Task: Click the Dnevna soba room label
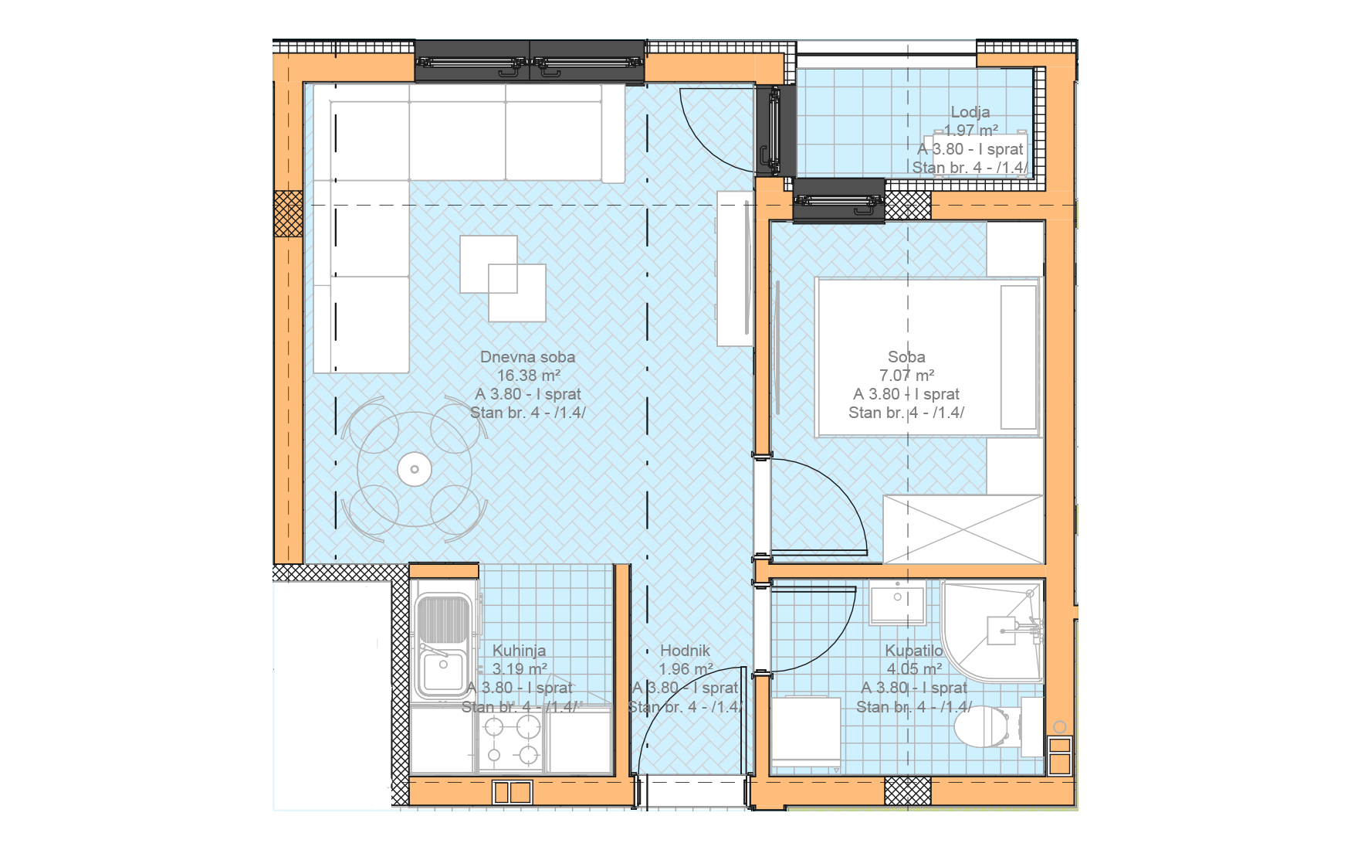coord(527,357)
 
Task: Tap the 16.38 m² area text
coord(528,376)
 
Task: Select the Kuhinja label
coord(519,651)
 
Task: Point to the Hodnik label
coord(685,651)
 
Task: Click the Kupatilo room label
coord(914,651)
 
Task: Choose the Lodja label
coord(970,112)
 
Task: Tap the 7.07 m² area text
coord(906,376)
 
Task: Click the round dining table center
coord(415,469)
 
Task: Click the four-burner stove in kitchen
coord(510,740)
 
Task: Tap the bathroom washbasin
coord(898,603)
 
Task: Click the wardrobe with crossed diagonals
coord(963,529)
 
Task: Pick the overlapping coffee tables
coord(503,278)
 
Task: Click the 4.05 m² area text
coord(914,669)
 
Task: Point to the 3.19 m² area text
coord(520,669)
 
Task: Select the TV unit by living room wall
coord(734,268)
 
